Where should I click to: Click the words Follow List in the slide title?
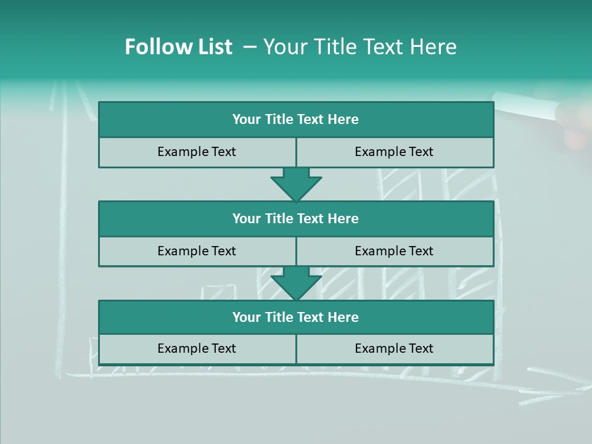pos(178,47)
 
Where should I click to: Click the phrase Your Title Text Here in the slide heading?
pos(360,47)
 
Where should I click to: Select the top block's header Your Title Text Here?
pos(295,120)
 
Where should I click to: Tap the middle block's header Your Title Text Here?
pos(295,218)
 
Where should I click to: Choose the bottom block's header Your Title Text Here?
pos(295,317)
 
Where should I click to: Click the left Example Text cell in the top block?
pos(197,152)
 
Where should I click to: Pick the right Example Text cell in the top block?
pos(394,152)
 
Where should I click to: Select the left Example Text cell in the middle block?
pos(197,251)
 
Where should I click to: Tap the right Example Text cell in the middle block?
pos(394,251)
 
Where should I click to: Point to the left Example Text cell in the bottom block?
pos(197,348)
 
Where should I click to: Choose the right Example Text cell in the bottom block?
pos(394,348)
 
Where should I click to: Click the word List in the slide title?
pos(214,47)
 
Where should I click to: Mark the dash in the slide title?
pos(250,47)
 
